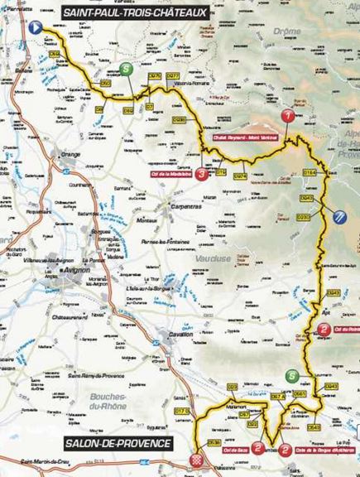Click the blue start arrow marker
click(36, 26)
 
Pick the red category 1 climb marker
click(288, 115)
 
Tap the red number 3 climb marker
click(203, 174)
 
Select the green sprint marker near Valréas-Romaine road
click(125, 69)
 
